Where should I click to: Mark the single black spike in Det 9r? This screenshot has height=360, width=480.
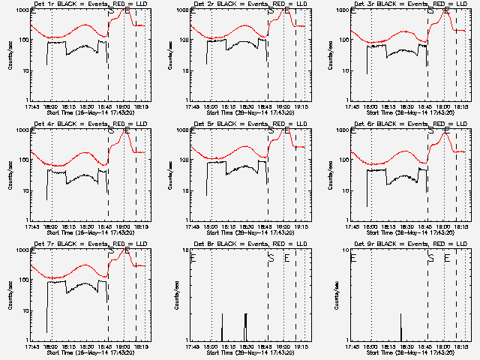point(401,328)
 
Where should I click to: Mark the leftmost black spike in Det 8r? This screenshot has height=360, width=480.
point(222,327)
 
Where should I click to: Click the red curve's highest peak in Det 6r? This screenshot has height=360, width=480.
point(447,134)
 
